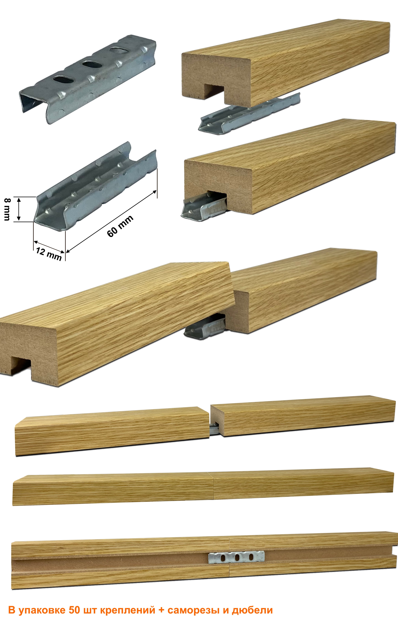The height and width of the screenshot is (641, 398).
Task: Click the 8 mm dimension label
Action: pos(7,209)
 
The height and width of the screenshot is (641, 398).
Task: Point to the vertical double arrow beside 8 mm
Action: pos(19,209)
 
